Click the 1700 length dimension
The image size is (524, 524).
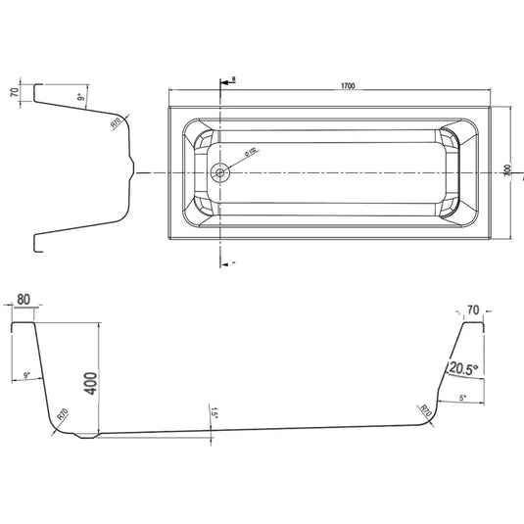[x=347, y=86]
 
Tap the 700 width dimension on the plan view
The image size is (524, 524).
[x=507, y=170]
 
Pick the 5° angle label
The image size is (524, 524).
[x=463, y=398]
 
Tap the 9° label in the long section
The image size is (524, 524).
[x=27, y=375]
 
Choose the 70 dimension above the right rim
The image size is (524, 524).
[x=473, y=310]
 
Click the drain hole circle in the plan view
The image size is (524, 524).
[x=220, y=172]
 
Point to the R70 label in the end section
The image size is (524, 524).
[x=115, y=123]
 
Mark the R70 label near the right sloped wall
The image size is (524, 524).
[x=426, y=409]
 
